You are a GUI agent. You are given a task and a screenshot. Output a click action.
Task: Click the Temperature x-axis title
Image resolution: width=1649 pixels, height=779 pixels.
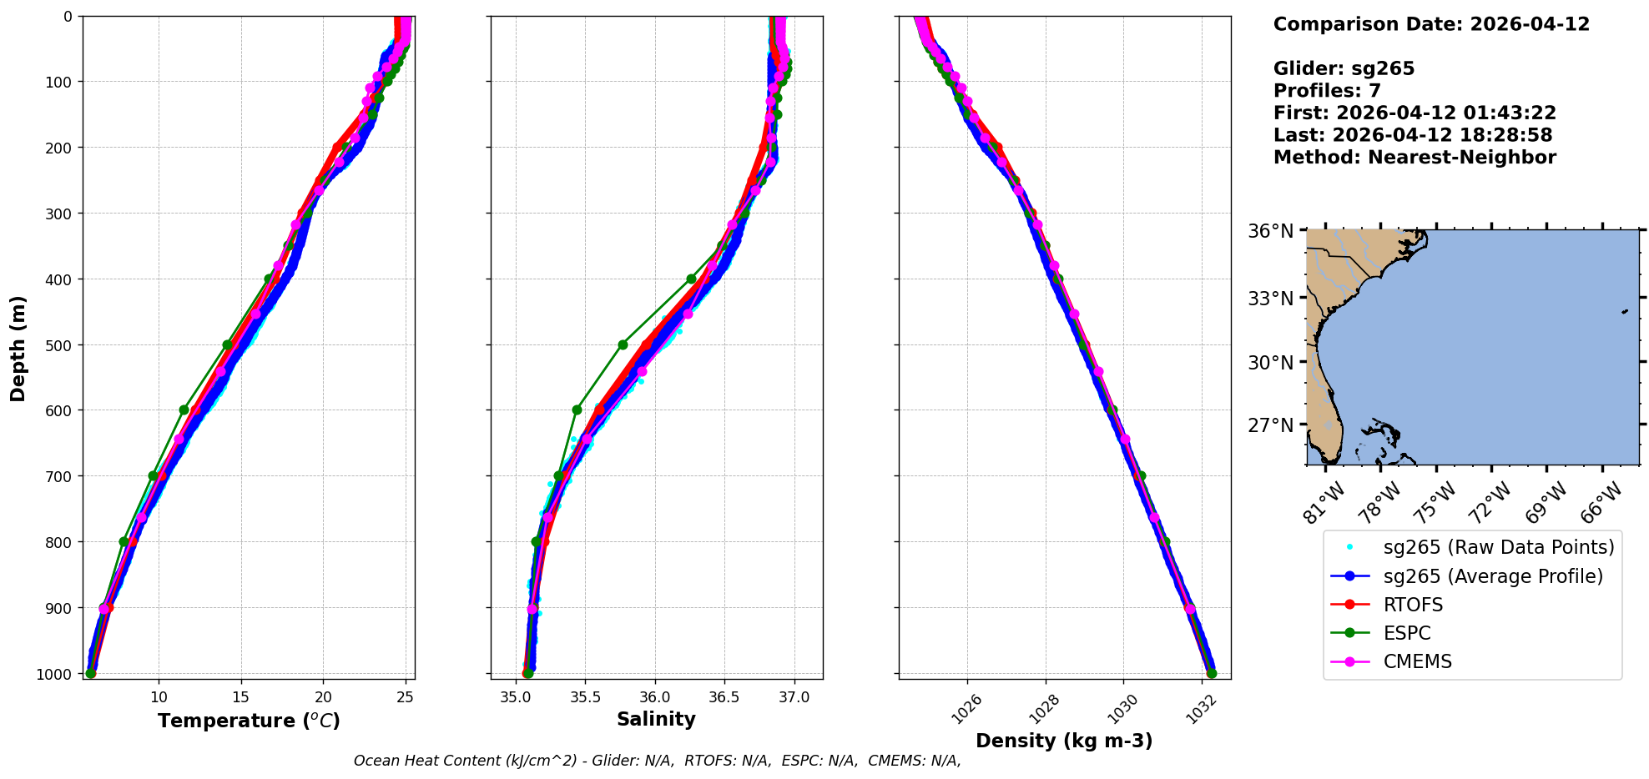tap(249, 721)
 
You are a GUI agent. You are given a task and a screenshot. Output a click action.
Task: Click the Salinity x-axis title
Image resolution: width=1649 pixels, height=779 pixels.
tap(656, 719)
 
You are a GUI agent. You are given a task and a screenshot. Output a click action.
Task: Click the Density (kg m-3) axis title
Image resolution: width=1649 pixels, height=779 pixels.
tap(1064, 741)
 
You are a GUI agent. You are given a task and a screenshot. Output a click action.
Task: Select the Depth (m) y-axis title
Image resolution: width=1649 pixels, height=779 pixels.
tap(18, 349)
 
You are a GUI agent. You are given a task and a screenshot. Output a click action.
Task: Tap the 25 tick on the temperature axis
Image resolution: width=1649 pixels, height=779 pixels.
tap(405, 697)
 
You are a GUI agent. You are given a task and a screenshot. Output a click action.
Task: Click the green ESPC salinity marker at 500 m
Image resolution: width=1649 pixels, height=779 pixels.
tap(623, 344)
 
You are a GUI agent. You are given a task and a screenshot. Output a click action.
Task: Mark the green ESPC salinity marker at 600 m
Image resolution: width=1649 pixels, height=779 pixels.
tap(577, 410)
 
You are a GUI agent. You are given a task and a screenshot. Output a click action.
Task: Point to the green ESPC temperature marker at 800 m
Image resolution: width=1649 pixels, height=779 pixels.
tap(124, 541)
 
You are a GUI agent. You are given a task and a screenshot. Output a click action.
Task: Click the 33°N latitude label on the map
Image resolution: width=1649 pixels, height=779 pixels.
tap(1270, 299)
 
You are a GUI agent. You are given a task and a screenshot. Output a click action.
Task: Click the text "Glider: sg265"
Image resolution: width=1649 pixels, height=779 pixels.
tap(1344, 68)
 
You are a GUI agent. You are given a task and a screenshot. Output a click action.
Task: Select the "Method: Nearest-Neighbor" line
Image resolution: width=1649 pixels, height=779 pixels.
tap(1415, 157)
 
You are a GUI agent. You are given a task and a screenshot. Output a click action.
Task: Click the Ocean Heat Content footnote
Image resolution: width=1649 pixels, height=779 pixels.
tap(657, 761)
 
